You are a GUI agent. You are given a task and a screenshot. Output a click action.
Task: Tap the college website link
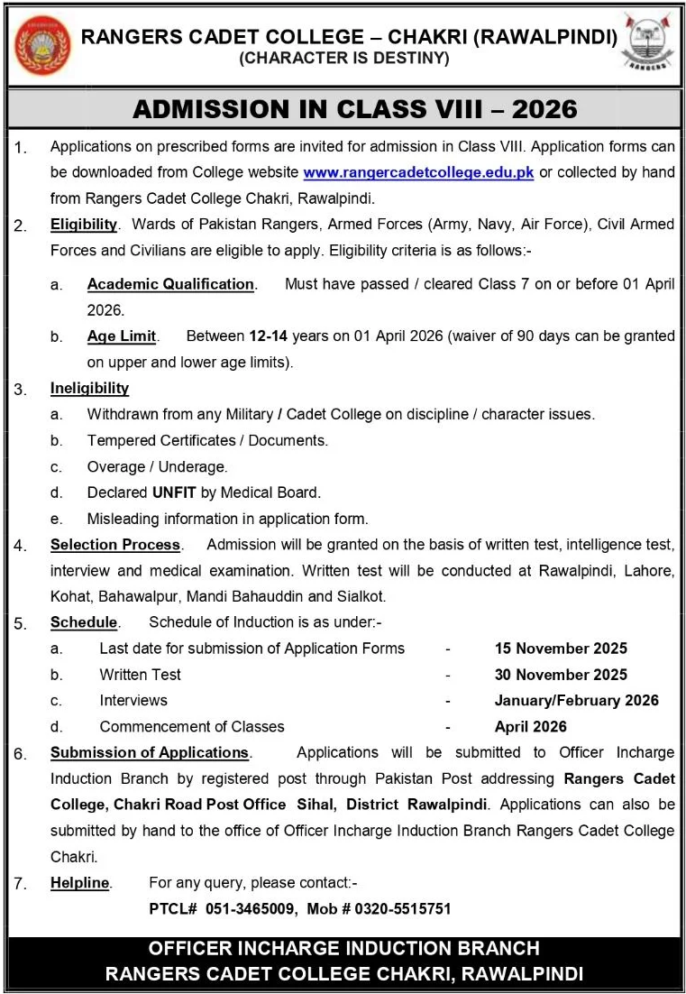point(418,171)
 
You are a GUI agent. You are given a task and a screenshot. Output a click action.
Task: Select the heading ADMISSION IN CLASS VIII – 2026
point(355,109)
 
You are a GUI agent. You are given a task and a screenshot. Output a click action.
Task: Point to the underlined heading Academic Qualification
point(170,284)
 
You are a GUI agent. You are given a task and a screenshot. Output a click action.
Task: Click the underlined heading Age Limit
point(122,336)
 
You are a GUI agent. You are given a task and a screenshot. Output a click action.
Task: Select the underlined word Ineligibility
point(89,389)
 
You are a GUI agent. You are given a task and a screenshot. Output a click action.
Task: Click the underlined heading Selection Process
point(115,545)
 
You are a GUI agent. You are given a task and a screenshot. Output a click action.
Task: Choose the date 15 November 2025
point(561,649)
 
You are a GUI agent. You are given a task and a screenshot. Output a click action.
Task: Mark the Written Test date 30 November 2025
point(561,675)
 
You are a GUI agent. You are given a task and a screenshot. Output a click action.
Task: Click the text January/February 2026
point(577,701)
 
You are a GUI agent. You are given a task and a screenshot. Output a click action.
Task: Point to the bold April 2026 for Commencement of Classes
point(531,726)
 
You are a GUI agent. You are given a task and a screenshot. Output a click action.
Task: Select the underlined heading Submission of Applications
point(150,752)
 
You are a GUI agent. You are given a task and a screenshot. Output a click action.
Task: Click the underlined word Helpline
point(80,883)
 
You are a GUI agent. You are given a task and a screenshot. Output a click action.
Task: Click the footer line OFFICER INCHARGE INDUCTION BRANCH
point(343,949)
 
